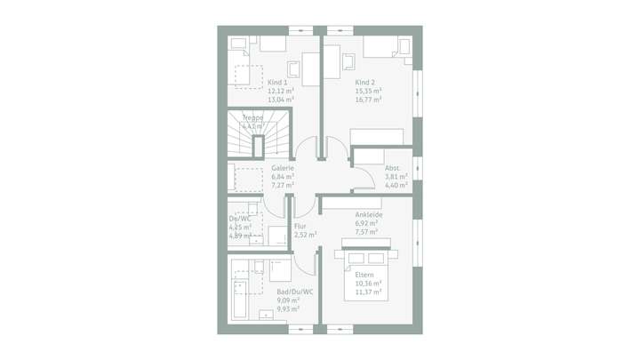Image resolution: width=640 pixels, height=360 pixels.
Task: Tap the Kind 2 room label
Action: (365, 82)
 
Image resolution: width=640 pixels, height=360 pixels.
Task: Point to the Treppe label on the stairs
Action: (253, 117)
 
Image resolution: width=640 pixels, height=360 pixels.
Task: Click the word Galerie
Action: (282, 167)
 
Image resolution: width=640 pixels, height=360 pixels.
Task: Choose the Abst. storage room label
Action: (392, 168)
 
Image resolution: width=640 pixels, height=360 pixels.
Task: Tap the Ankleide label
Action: (368, 214)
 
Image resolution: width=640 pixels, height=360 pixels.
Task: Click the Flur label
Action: (300, 226)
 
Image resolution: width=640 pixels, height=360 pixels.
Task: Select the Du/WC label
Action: (239, 219)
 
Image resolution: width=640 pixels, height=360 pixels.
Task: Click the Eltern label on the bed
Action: (365, 275)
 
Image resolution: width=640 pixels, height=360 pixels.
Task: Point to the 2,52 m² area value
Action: (305, 235)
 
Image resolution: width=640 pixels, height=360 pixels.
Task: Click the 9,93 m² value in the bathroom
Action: (288, 309)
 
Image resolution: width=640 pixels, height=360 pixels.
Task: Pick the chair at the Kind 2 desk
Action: (347, 61)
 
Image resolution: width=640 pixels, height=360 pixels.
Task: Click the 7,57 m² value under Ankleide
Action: (367, 232)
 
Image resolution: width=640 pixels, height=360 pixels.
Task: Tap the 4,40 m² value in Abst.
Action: (396, 185)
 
